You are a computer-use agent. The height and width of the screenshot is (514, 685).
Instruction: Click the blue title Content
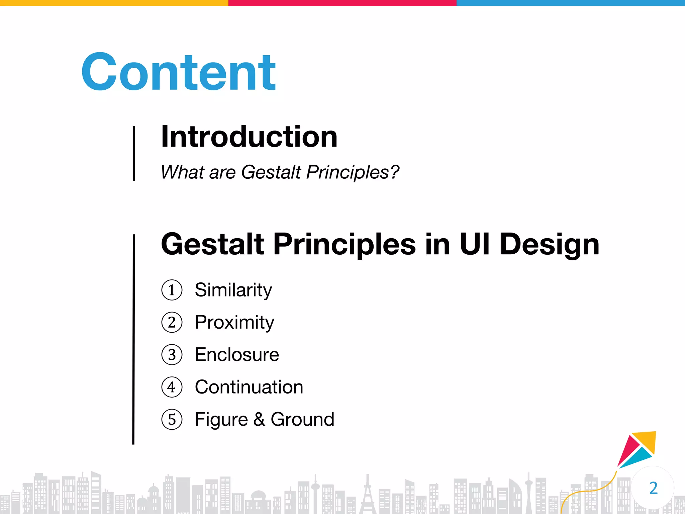click(x=179, y=73)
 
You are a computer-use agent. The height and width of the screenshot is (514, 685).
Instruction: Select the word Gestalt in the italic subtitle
click(x=271, y=172)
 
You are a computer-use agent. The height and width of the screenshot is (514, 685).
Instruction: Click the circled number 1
click(x=172, y=290)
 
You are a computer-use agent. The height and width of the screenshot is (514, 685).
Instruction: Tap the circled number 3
click(x=172, y=355)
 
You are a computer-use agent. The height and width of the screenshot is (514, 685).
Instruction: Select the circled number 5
click(x=172, y=420)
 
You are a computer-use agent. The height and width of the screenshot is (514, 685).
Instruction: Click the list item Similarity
click(x=233, y=290)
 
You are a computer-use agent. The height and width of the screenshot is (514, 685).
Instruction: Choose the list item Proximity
click(x=234, y=322)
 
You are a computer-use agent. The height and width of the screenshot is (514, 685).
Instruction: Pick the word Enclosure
click(x=237, y=355)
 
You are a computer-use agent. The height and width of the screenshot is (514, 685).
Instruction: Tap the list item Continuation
click(x=249, y=387)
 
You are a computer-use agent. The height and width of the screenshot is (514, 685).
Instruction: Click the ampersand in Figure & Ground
click(x=259, y=420)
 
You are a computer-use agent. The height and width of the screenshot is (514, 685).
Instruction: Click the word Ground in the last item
click(x=302, y=420)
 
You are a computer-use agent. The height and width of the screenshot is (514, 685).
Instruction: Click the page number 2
click(x=653, y=488)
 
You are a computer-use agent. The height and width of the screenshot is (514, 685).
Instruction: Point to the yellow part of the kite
click(x=647, y=440)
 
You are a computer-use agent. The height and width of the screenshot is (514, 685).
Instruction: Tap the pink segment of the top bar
click(x=342, y=3)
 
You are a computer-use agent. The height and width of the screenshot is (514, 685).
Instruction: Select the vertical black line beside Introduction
click(x=134, y=153)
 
